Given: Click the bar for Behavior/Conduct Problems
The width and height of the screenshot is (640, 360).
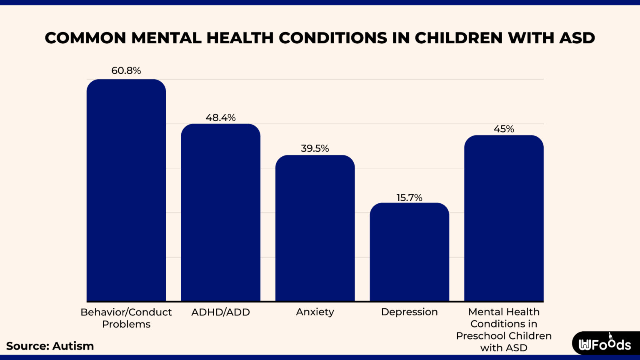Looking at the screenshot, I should [x=126, y=190].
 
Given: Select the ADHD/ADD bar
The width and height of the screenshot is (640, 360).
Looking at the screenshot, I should [x=220, y=212].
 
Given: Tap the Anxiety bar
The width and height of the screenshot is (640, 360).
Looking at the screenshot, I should [x=315, y=228].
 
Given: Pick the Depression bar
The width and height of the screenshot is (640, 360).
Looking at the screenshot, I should [x=409, y=252].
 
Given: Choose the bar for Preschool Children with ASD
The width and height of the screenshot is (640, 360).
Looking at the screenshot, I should [x=504, y=218].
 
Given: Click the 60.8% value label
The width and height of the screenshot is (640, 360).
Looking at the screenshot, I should [x=126, y=71].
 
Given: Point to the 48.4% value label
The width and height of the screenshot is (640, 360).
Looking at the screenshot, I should [x=220, y=118].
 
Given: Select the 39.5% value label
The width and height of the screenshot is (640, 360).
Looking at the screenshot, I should [x=315, y=149].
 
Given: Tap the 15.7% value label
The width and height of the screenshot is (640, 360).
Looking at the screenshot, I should [x=409, y=197].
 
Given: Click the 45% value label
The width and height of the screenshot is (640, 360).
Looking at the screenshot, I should [x=504, y=129].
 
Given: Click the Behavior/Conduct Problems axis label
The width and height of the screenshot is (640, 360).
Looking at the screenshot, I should [x=126, y=318].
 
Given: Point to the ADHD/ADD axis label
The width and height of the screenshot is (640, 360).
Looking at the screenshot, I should [x=220, y=312].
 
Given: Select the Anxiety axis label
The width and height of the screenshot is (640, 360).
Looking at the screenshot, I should [x=315, y=312].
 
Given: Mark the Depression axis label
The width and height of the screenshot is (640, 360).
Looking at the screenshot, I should [x=409, y=312].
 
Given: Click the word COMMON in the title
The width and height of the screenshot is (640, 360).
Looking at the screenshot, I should [x=85, y=38].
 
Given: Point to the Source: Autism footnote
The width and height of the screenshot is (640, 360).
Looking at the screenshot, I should [x=50, y=346].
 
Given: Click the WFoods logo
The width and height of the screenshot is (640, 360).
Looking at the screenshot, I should [x=605, y=344].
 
